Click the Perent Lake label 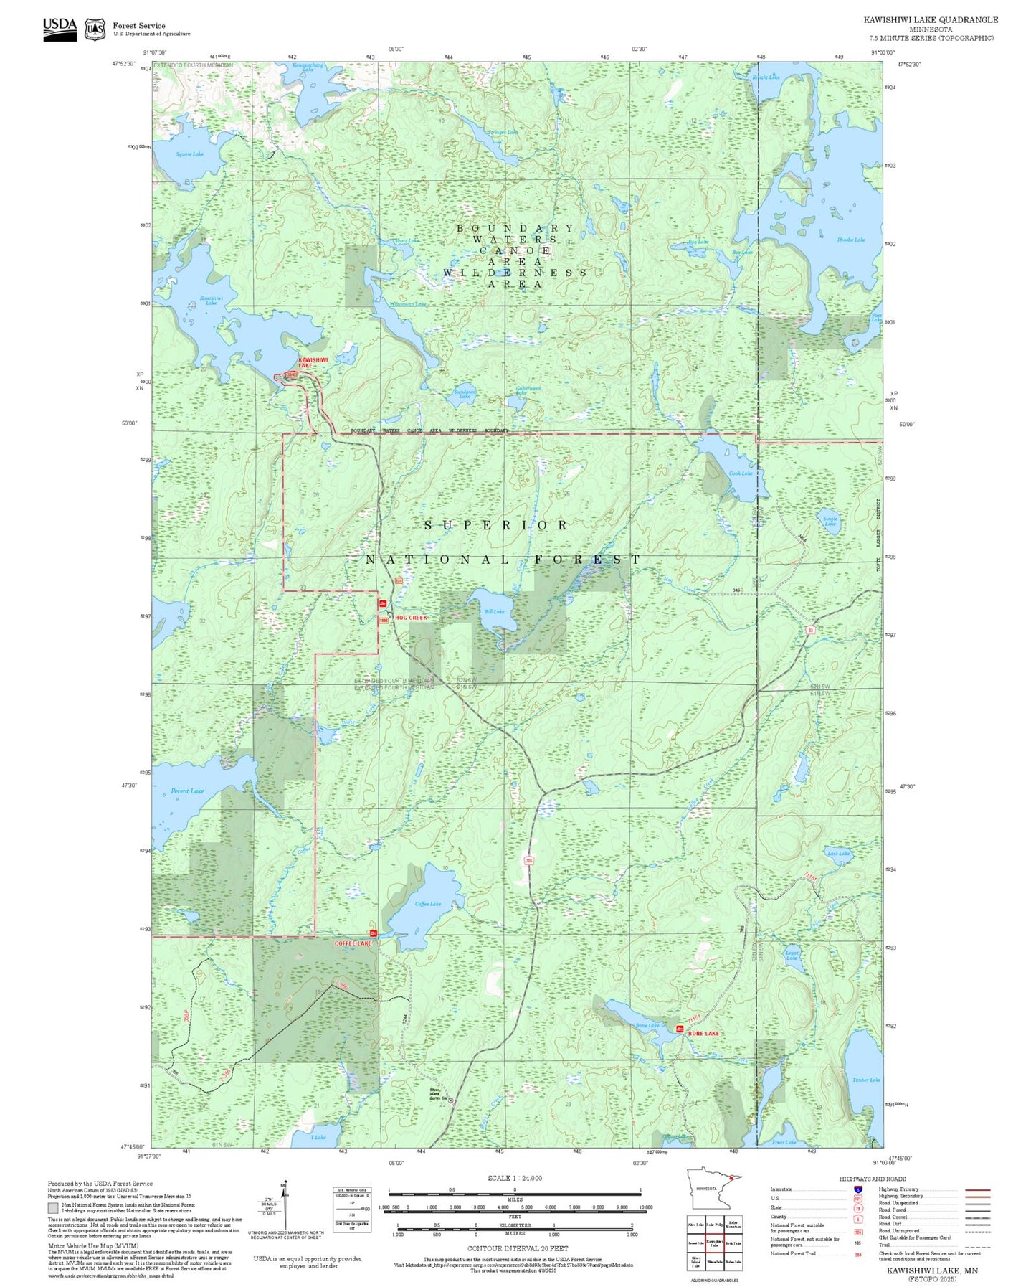pyautogui.click(x=187, y=791)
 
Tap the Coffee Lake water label pyautogui.click(x=428, y=904)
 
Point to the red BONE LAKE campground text pyautogui.click(x=703, y=1033)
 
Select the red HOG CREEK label pyautogui.click(x=411, y=617)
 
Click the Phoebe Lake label pyautogui.click(x=851, y=240)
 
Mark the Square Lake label pyautogui.click(x=190, y=154)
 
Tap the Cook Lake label pyautogui.click(x=741, y=473)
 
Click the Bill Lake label pyautogui.click(x=494, y=611)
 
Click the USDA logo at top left pyautogui.click(x=60, y=28)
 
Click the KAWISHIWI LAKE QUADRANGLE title pyautogui.click(x=931, y=19)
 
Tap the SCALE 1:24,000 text pyautogui.click(x=515, y=1178)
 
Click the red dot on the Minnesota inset pyautogui.click(x=731, y=1177)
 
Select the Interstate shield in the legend pyautogui.click(x=857, y=1189)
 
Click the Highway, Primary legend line pyautogui.click(x=978, y=1189)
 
